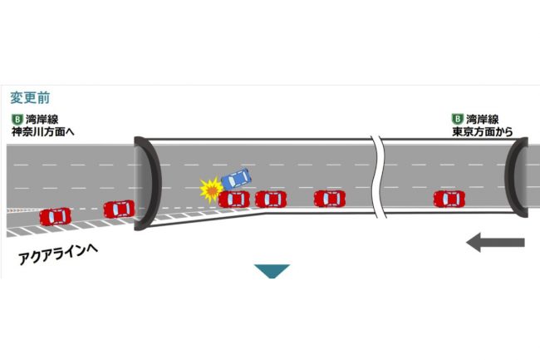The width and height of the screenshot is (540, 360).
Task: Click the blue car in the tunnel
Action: point(236,179)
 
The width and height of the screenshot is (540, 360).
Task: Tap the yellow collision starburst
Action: point(211,190)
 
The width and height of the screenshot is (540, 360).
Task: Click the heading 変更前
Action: point(30,98)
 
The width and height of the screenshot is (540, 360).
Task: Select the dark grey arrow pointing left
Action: point(495,242)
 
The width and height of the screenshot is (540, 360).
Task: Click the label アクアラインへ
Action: point(58,254)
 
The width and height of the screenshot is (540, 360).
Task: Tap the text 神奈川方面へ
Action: point(43,131)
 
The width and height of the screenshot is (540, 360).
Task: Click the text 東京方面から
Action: point(483,131)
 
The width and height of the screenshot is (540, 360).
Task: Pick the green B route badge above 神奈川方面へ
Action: point(17,120)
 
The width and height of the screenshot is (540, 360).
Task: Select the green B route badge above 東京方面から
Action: point(458,119)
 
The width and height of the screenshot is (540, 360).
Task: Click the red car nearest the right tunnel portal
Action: point(449,199)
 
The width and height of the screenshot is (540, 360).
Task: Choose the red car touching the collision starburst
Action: point(233,199)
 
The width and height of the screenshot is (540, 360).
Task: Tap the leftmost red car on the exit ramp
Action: point(55,217)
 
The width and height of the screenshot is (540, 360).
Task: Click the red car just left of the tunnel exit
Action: point(119,210)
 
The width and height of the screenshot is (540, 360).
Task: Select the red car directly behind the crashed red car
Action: point(271,199)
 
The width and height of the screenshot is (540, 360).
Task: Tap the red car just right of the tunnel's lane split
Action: point(330,199)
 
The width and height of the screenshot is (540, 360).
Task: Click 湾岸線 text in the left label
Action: point(42,120)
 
